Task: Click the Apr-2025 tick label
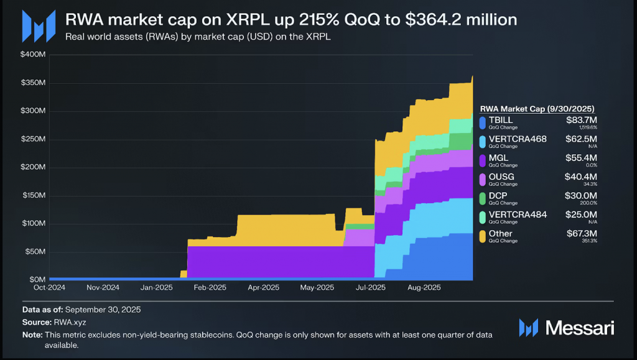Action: pos(263,288)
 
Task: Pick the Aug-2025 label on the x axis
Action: pos(424,288)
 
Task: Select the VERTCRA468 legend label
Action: pos(518,139)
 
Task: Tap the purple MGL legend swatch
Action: pos(483,160)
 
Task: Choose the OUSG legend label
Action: pos(501,177)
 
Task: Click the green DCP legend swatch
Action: pos(483,198)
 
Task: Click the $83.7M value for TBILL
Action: pos(581,119)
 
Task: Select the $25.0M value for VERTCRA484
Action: pos(581,215)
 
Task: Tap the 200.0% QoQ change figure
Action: pos(588,203)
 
